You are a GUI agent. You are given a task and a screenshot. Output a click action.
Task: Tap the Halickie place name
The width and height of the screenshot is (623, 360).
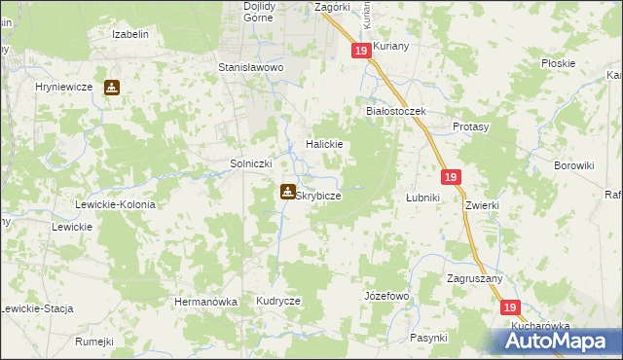pos(324,144)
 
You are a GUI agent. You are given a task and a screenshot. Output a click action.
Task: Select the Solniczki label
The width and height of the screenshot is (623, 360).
pos(249,163)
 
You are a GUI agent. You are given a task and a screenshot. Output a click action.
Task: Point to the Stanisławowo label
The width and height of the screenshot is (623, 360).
pos(250,68)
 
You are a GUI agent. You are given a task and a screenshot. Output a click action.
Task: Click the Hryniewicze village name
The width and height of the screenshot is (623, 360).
pos(63,87)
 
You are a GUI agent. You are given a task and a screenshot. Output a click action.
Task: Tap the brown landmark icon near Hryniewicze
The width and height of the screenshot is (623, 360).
pos(112,87)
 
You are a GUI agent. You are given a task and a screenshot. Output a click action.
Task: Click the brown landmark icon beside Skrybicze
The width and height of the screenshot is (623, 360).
pos(288,192)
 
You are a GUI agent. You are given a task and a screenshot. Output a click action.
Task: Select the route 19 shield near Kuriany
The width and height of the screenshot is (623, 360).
pos(361,51)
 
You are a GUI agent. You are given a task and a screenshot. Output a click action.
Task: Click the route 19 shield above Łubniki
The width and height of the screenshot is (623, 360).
pos(449,177)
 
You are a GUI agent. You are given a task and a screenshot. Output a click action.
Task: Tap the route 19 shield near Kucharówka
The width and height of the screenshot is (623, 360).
pos(511,306)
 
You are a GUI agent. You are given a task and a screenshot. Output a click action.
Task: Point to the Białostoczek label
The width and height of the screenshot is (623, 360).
pos(396,111)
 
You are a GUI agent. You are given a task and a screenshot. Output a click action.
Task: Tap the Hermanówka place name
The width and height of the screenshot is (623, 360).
pos(205,302)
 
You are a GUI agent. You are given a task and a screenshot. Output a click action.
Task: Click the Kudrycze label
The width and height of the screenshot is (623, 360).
pos(278,302)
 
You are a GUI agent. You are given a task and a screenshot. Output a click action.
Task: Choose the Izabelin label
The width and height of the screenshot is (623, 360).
pos(129,34)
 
